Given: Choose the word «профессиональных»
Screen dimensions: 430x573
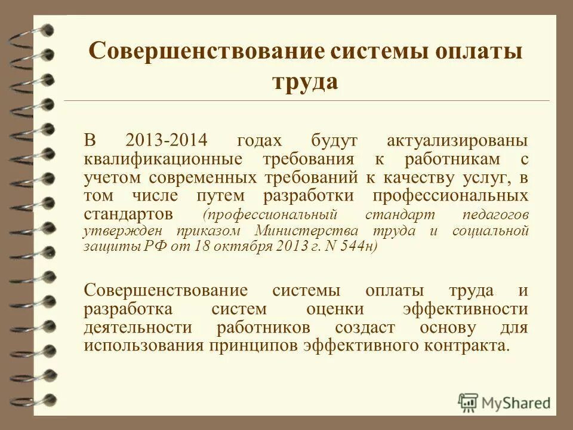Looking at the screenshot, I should (x=451, y=196).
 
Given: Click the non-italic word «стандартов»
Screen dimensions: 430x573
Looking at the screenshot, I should (x=128, y=214).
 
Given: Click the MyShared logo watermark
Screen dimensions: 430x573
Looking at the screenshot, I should (x=504, y=402).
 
